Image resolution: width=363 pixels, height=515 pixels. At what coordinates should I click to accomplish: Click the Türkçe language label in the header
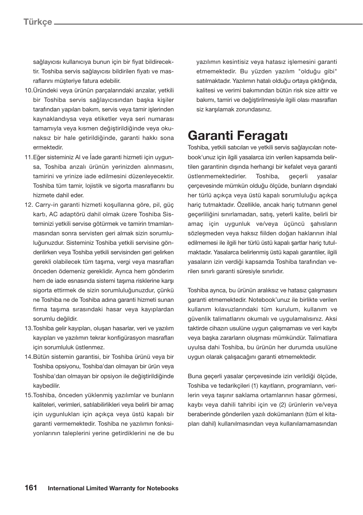(x=38, y=22)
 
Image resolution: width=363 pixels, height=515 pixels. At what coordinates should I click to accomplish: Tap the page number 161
(x=31, y=488)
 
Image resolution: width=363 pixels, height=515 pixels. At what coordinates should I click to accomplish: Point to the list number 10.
(x=29, y=90)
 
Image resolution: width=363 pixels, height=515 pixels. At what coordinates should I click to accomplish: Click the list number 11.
(x=29, y=157)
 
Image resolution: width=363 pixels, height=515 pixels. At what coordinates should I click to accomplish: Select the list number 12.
(x=29, y=205)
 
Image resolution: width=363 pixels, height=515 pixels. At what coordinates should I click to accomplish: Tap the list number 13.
(x=29, y=328)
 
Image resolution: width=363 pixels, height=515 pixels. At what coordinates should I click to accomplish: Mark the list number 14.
(x=29, y=357)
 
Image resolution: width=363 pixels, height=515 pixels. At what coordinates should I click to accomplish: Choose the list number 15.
(x=29, y=395)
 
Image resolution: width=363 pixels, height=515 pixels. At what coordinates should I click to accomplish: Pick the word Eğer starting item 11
(x=40, y=157)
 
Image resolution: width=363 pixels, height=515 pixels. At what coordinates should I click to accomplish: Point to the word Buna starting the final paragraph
(x=195, y=376)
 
